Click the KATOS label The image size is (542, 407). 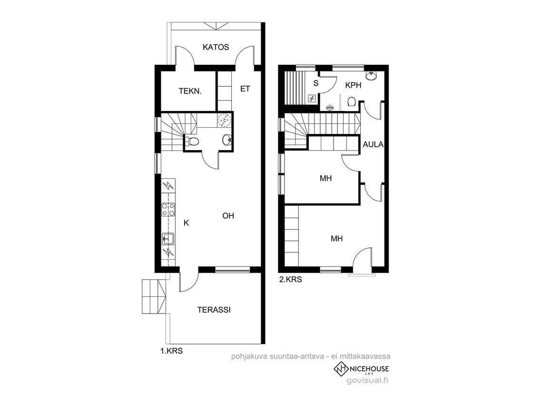(x=216, y=47)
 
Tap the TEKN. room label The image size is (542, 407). (x=190, y=92)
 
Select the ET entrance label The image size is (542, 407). (x=245, y=89)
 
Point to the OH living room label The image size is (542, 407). (x=228, y=216)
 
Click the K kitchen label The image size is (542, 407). (x=187, y=223)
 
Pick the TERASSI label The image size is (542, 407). (x=214, y=310)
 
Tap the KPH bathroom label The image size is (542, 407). (x=353, y=85)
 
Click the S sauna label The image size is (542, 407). (x=315, y=83)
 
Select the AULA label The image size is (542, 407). (x=373, y=144)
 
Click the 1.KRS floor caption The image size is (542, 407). (x=171, y=351)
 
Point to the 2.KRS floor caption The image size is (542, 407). (x=290, y=279)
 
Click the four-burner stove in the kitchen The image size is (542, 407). (x=168, y=209)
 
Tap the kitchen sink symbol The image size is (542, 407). (x=168, y=238)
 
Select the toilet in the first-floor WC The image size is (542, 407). (x=192, y=141)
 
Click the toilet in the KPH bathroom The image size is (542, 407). (x=352, y=102)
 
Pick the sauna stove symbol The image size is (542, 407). (x=313, y=99)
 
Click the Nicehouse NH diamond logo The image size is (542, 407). (x=341, y=369)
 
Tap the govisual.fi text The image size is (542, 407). (x=367, y=380)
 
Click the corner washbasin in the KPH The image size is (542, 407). (x=371, y=76)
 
